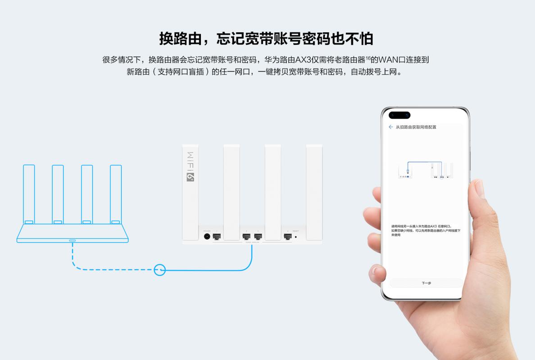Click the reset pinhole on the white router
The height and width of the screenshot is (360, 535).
click(x=296, y=237)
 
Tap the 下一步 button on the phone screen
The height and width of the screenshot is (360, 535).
click(x=426, y=283)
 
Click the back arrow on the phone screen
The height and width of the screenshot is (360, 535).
click(x=390, y=127)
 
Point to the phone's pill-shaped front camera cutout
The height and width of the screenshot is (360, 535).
click(x=399, y=114)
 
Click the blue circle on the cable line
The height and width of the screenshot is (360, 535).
click(x=160, y=270)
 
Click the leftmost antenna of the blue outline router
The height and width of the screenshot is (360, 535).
click(x=29, y=193)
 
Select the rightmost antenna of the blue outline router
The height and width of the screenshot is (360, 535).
click(x=116, y=193)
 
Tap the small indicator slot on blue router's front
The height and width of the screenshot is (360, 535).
click(x=73, y=240)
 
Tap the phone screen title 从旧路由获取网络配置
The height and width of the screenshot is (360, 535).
click(x=416, y=127)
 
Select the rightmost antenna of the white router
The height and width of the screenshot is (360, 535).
click(x=314, y=191)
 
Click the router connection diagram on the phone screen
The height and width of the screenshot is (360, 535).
click(x=426, y=171)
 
